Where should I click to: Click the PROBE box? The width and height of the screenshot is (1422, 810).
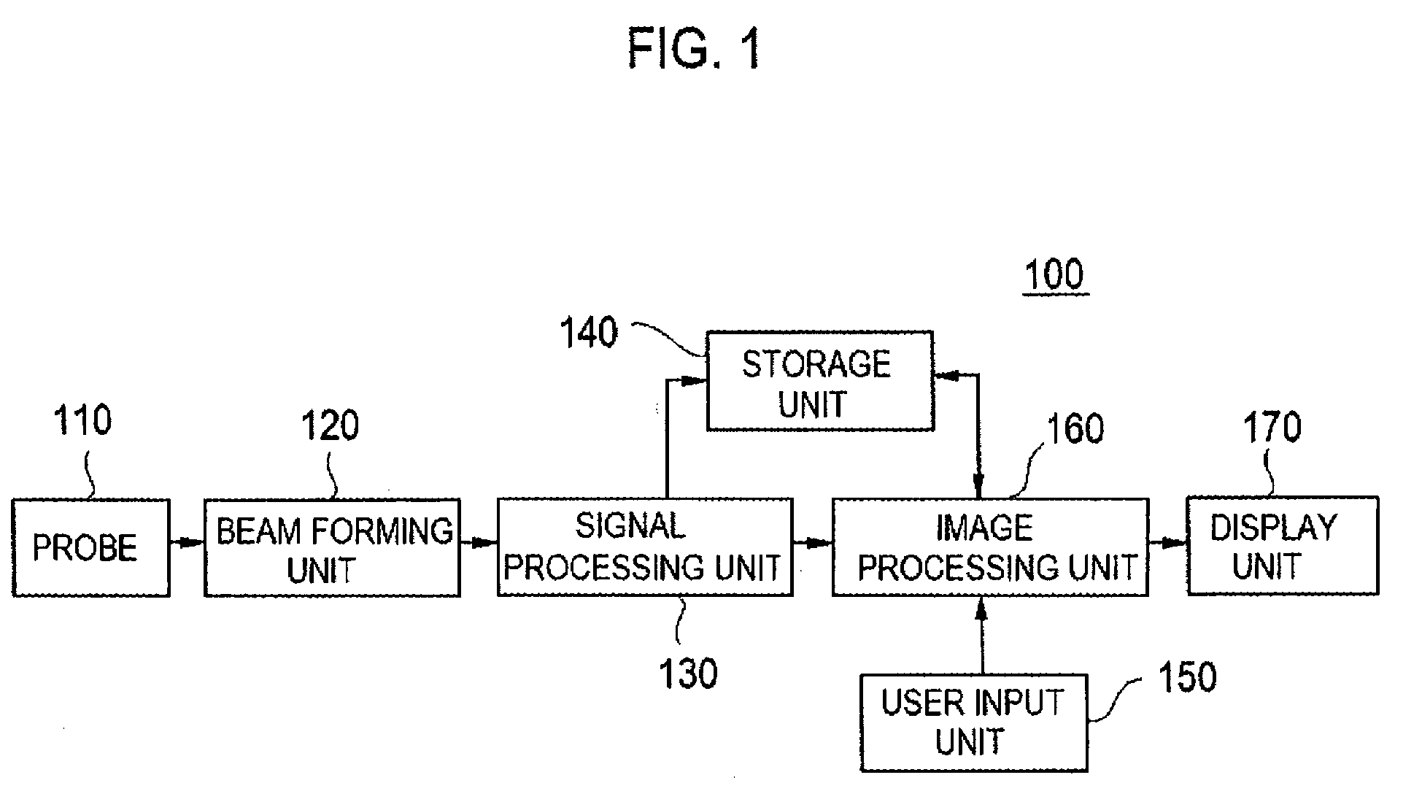click(91, 547)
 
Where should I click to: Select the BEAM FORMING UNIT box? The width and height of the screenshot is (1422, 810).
click(332, 547)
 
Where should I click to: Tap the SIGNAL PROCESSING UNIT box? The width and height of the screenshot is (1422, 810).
click(645, 547)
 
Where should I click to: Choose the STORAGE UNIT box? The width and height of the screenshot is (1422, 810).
click(820, 380)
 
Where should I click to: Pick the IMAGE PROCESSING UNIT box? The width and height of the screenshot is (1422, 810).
click(990, 547)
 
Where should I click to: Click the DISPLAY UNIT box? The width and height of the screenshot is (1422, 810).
click(1283, 546)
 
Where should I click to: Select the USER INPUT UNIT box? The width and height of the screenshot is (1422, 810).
click(974, 722)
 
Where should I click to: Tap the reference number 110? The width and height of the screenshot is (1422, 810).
click(82, 421)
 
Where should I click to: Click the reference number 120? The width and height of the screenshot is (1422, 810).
click(331, 425)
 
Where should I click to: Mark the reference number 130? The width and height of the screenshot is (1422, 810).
click(688, 674)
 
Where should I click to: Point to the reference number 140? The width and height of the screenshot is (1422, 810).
click(589, 333)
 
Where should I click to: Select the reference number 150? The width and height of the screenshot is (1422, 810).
click(1188, 677)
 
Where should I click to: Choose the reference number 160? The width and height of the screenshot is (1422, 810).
click(1075, 429)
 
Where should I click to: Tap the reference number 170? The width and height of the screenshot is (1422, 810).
click(1272, 428)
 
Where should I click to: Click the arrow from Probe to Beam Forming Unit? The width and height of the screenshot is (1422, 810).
click(188, 543)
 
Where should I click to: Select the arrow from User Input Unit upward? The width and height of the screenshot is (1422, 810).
click(982, 635)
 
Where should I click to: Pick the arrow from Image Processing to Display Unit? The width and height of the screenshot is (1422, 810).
click(1168, 543)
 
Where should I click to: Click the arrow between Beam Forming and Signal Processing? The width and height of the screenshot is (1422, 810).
click(479, 543)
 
